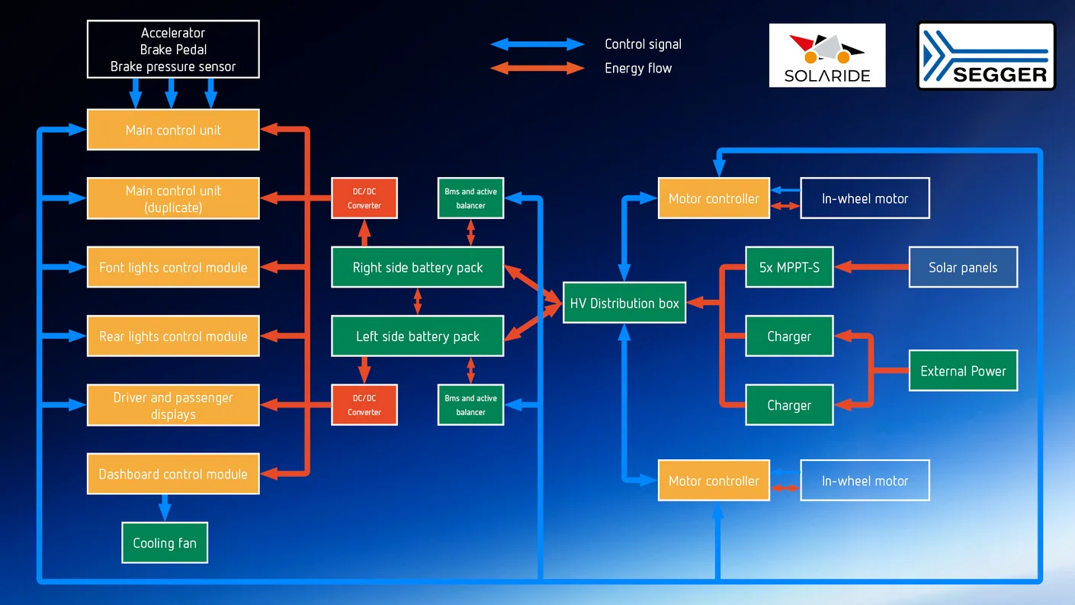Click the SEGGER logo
coord(986,56)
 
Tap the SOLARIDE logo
coord(827,55)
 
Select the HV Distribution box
coord(624,303)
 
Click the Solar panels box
coord(963,267)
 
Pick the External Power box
coord(963,371)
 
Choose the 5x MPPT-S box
coord(789,267)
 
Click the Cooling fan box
coord(165,542)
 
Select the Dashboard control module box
coord(173,474)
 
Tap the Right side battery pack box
coord(417,267)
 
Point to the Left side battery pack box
coord(417,336)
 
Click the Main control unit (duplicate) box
coord(173,198)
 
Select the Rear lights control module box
coord(173,336)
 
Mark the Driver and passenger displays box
coord(173,405)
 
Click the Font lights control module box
coord(173,267)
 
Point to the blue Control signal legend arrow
coord(537,44)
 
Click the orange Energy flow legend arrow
coord(537,68)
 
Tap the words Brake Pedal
coord(173,50)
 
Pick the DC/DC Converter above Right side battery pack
coord(364,198)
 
